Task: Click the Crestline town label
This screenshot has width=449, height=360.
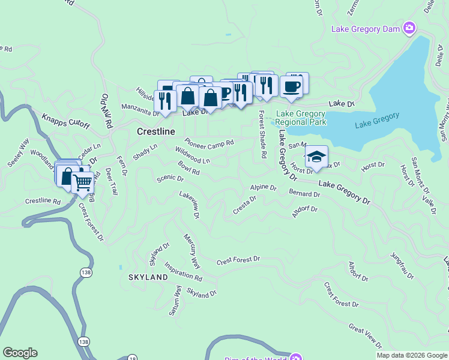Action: [x=156, y=131]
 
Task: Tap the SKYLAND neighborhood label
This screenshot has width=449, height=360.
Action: [x=148, y=277]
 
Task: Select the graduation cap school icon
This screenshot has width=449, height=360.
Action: [x=316, y=157]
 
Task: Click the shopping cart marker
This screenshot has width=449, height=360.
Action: [x=83, y=182]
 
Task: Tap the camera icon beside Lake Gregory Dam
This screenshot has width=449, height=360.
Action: [x=409, y=28]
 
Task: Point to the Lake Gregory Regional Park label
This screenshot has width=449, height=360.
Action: [x=301, y=118]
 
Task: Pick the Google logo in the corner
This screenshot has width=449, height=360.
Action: [x=20, y=353]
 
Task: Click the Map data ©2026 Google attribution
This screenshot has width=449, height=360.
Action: [x=411, y=355]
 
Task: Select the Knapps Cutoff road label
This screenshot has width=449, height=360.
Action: [x=66, y=121]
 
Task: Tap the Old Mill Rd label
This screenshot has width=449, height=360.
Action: [x=107, y=112]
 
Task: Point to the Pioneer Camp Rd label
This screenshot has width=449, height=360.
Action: [x=209, y=142]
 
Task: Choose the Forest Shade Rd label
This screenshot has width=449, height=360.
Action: [x=262, y=135]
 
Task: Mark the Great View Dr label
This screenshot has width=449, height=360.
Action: [x=365, y=335]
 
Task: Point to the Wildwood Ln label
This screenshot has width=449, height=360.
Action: [x=192, y=155]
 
